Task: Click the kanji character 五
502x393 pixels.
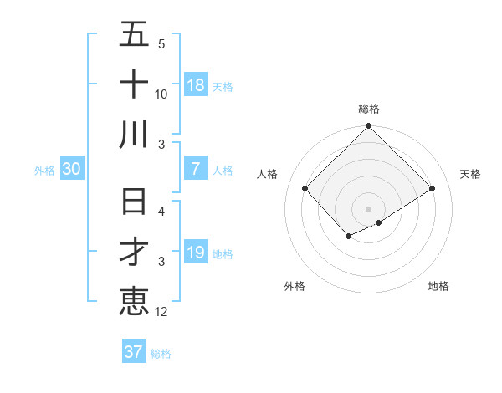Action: [x=134, y=36]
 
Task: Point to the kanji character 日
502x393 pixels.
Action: [x=134, y=203]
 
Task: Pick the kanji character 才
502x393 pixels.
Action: [x=134, y=252]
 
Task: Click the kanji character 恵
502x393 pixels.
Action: [x=134, y=301]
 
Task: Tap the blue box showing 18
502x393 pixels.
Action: [x=196, y=85]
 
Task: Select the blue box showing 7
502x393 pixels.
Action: [x=196, y=169]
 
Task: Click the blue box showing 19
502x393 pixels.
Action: [x=196, y=253]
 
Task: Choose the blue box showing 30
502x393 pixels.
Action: [x=71, y=169]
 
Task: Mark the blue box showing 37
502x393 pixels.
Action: [x=133, y=352]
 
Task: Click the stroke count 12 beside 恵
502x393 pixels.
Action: [x=161, y=312]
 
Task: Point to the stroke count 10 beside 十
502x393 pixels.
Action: [x=161, y=94]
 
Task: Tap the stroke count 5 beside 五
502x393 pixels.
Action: [x=161, y=44]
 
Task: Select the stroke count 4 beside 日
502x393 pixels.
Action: [x=161, y=212]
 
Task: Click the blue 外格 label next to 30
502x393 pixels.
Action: [x=44, y=170]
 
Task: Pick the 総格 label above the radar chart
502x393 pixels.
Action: [x=369, y=109]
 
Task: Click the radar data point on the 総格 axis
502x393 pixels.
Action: [x=368, y=127]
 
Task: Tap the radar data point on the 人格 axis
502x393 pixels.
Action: [x=305, y=189]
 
